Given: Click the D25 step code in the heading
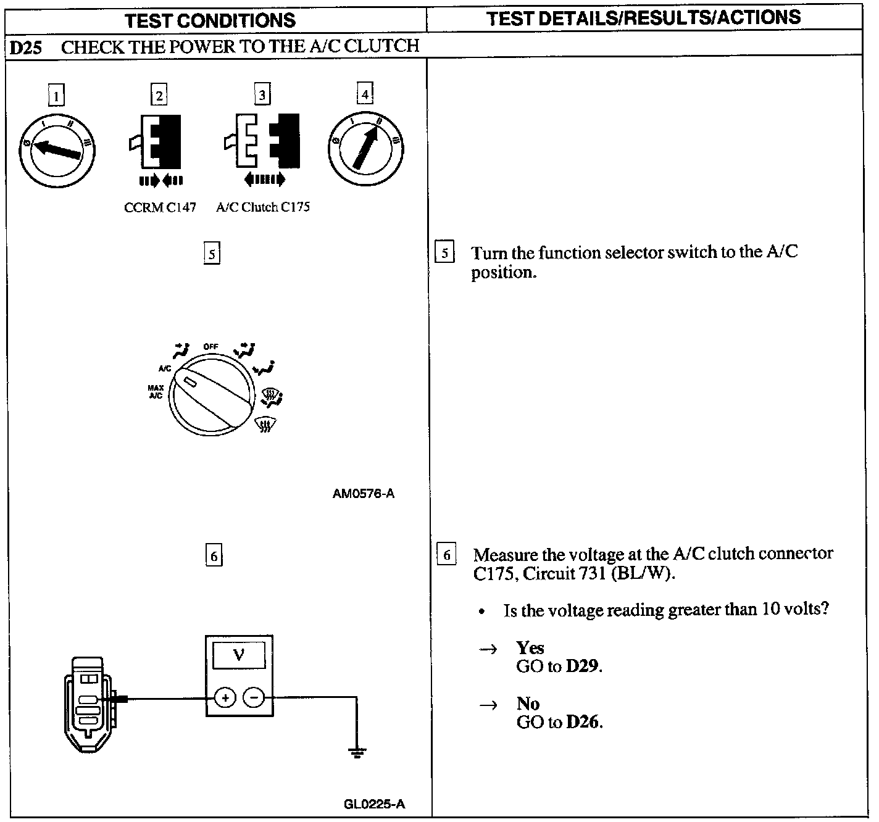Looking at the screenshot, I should coord(25,48).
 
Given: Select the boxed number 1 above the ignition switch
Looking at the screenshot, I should coord(56,96).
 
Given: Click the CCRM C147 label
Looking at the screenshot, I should coord(160,207).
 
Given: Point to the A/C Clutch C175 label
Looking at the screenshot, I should coord(263,207).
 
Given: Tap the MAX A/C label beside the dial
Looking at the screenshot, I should coord(156,392).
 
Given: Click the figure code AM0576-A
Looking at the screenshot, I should coord(363,494).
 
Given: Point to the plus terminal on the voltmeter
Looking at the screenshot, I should coord(225,698).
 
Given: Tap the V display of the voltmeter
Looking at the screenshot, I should coord(239,655).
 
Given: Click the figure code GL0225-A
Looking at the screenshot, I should coord(374,804).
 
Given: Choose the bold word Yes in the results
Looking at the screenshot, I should coord(530,647).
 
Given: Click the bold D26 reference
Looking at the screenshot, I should coord(583,722).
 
